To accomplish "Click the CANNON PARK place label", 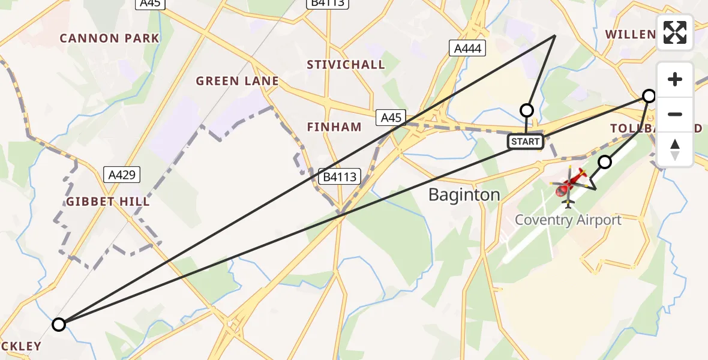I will pyautogui.click(x=110, y=38).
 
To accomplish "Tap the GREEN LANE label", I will pyautogui.click(x=238, y=81).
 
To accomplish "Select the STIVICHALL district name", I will pyautogui.click(x=346, y=65).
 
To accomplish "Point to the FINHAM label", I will pyautogui.click(x=334, y=127).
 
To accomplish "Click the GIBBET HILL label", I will pyautogui.click(x=108, y=202).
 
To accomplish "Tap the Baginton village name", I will pyautogui.click(x=464, y=194).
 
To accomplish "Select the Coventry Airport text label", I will pyautogui.click(x=568, y=220).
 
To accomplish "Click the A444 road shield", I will pyautogui.click(x=467, y=49).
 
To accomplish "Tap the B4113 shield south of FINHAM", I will pyautogui.click(x=340, y=176).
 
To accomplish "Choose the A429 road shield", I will pyautogui.click(x=122, y=175).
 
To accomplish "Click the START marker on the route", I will pyautogui.click(x=526, y=142).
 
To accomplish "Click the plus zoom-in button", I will pyautogui.click(x=675, y=79).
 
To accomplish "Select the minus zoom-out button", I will pyautogui.click(x=675, y=114).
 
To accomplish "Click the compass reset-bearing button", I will pyautogui.click(x=675, y=149).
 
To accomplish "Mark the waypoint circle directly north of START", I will pyautogui.click(x=526, y=110).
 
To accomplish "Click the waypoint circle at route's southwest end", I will pyautogui.click(x=58, y=325).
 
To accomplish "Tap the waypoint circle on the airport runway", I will pyautogui.click(x=605, y=162).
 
